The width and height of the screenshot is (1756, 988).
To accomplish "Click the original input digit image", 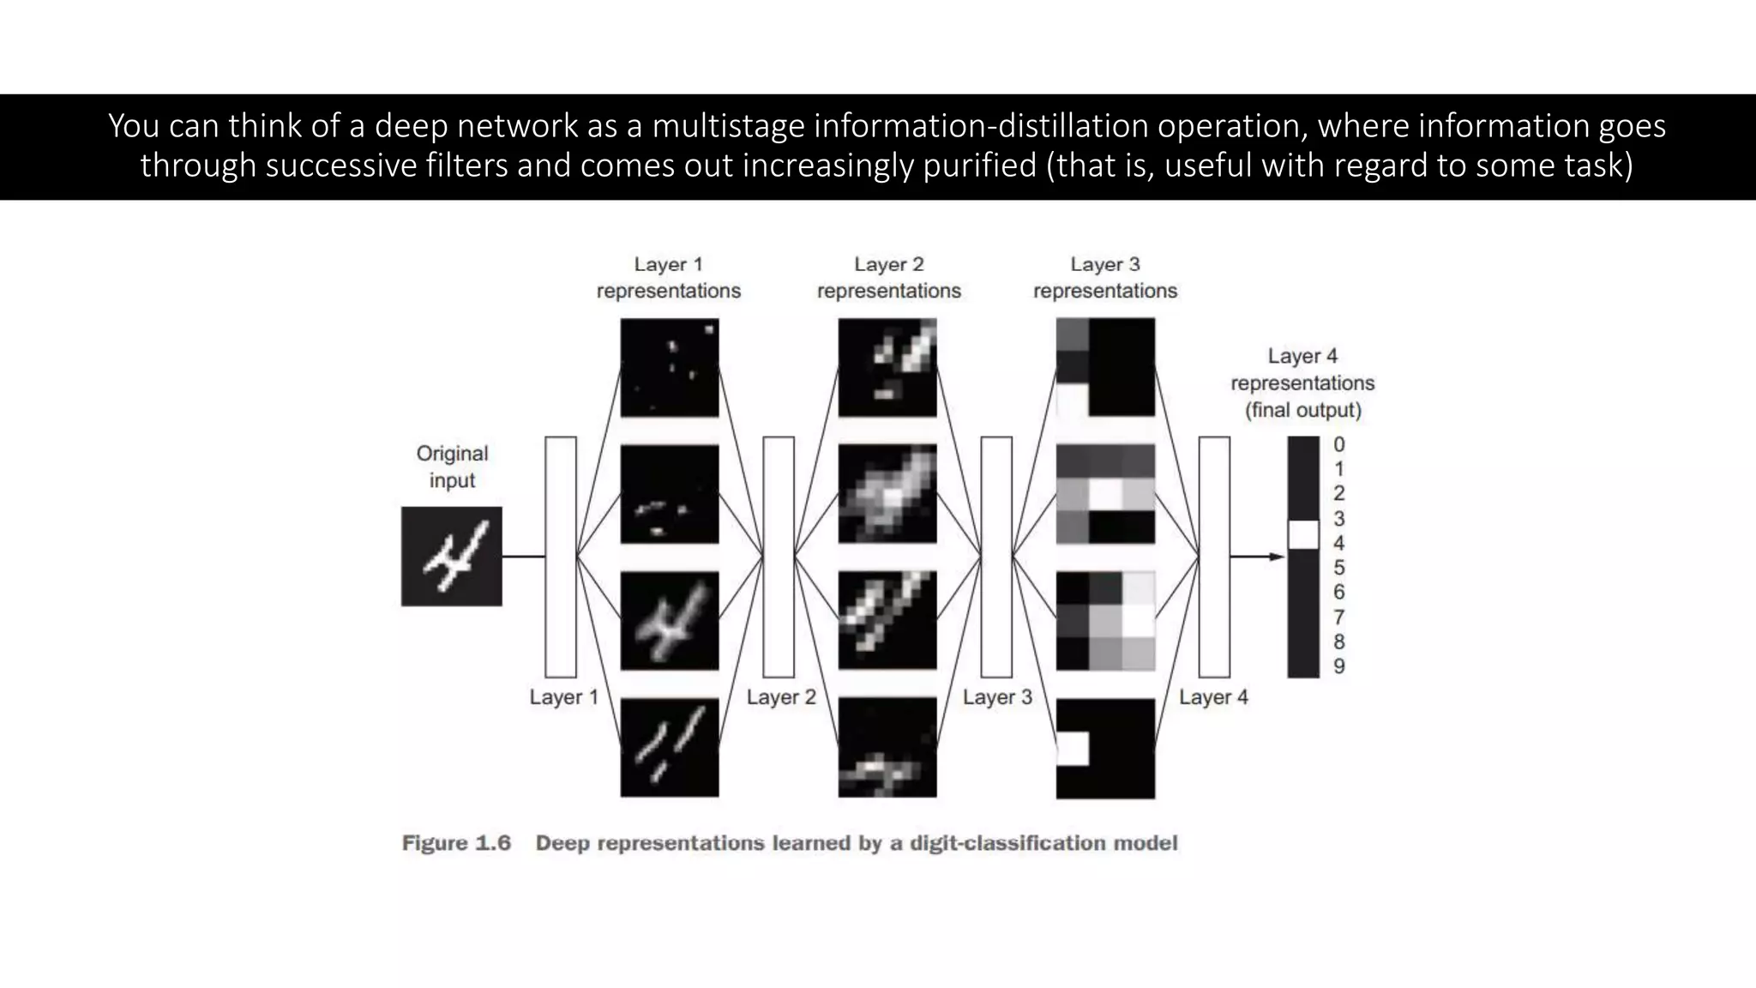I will (x=452, y=556).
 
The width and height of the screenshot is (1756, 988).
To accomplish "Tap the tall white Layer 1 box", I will (x=561, y=557).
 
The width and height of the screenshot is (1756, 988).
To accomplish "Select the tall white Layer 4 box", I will (x=1214, y=557).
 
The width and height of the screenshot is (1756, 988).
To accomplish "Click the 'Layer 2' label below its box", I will (x=781, y=697).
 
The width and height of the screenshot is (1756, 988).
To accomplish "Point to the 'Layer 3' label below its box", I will (x=997, y=697).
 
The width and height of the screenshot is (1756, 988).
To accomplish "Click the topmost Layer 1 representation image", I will (x=670, y=368).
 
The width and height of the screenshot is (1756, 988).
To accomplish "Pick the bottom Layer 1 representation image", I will (x=670, y=748).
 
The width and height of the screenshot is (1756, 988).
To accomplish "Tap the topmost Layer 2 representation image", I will (x=887, y=368).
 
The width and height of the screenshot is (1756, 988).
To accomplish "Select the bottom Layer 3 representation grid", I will (x=1105, y=749).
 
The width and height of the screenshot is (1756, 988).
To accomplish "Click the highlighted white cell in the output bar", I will (x=1303, y=534).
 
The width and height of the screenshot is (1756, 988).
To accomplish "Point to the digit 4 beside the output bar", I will (x=1339, y=543).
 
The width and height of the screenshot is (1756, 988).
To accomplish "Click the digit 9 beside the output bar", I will (x=1339, y=666).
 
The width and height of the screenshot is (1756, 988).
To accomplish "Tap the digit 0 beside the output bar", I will (x=1339, y=444).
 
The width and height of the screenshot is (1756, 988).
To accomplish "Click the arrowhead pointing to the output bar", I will (x=1278, y=557).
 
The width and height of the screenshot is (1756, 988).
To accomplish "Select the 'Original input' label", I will (x=452, y=467).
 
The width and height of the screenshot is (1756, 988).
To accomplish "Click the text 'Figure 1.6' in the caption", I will (x=456, y=843).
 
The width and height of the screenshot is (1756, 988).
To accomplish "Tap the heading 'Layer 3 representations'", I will (x=1105, y=277).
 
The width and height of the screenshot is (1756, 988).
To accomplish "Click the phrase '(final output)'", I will (x=1303, y=410).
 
